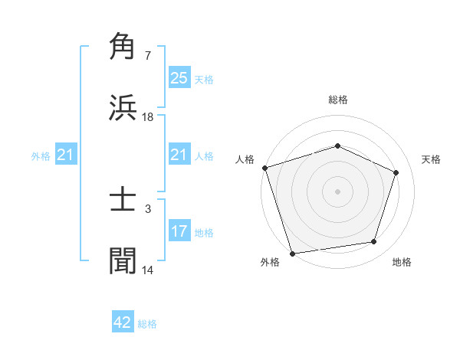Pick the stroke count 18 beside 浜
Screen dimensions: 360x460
[x=148, y=116]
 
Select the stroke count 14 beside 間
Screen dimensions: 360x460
[x=148, y=270]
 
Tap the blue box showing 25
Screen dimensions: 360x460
[x=179, y=78]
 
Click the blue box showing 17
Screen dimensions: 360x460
[x=179, y=231]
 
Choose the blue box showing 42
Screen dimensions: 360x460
[x=123, y=322]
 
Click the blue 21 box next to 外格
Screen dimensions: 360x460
[x=65, y=155]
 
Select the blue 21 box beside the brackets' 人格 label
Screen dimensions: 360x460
[x=179, y=155]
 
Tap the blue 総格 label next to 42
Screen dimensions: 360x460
[x=148, y=324]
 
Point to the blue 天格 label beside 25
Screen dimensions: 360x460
[x=204, y=80]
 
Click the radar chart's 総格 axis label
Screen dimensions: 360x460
[x=337, y=100]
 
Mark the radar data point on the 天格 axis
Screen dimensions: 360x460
[x=396, y=172]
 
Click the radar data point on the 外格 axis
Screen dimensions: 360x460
[x=292, y=253]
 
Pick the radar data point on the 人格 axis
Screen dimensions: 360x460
[x=264, y=168]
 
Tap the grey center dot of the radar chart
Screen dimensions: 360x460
[x=337, y=191]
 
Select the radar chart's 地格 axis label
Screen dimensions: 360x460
[x=402, y=263]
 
